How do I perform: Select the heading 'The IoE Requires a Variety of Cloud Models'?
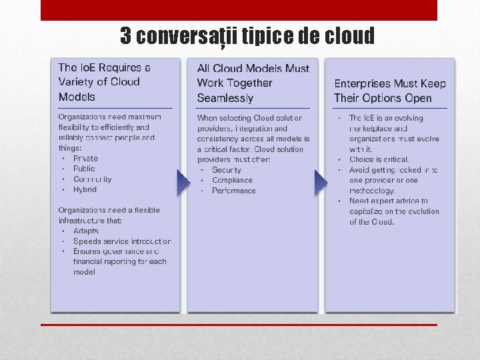tap(105, 82)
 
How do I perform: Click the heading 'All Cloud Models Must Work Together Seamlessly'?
tap(253, 83)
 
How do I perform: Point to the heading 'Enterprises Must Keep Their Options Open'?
tap(390, 91)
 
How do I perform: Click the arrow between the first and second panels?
tap(183, 183)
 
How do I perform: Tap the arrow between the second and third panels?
tap(321, 183)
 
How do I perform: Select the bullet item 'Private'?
tap(85, 159)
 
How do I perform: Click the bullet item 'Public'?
tap(84, 169)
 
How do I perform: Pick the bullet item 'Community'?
tap(93, 179)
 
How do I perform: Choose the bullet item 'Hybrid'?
tap(85, 189)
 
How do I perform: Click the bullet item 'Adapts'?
tap(85, 231)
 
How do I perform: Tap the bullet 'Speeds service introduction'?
tap(121, 241)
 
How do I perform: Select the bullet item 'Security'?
tap(226, 170)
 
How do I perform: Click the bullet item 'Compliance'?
tap(232, 180)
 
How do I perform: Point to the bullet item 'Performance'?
tap(233, 191)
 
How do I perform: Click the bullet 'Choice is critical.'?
tap(379, 160)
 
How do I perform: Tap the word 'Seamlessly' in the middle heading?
tap(225, 98)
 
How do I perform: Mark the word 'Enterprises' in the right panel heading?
tap(363, 83)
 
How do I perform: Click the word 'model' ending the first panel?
tap(84, 272)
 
